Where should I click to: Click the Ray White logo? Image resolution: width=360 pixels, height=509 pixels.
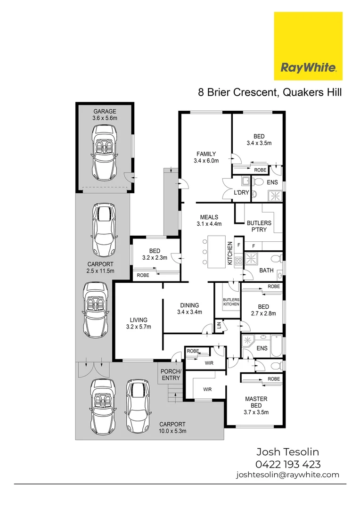pyautogui.click(x=308, y=46)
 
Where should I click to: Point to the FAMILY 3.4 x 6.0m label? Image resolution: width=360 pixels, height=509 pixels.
pyautogui.click(x=206, y=157)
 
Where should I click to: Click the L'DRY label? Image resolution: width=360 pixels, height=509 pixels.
pyautogui.click(x=241, y=193)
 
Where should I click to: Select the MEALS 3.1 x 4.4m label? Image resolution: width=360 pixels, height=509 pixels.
pyautogui.click(x=209, y=221)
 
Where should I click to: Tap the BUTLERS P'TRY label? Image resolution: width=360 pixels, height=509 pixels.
pyautogui.click(x=259, y=226)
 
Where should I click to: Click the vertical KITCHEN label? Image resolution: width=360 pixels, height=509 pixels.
pyautogui.click(x=230, y=253)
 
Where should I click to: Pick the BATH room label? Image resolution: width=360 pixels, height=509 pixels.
pyautogui.click(x=267, y=271)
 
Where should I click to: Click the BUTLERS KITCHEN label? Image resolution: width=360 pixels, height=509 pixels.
pyautogui.click(x=231, y=302)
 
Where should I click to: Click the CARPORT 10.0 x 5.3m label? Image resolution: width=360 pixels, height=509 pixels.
pyautogui.click(x=172, y=427)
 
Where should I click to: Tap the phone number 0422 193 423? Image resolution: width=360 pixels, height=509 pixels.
pyautogui.click(x=288, y=464)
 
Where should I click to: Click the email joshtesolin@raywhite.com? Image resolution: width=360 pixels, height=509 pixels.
pyautogui.click(x=287, y=475)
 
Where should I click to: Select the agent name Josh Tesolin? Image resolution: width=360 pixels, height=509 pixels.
pyautogui.click(x=287, y=452)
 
